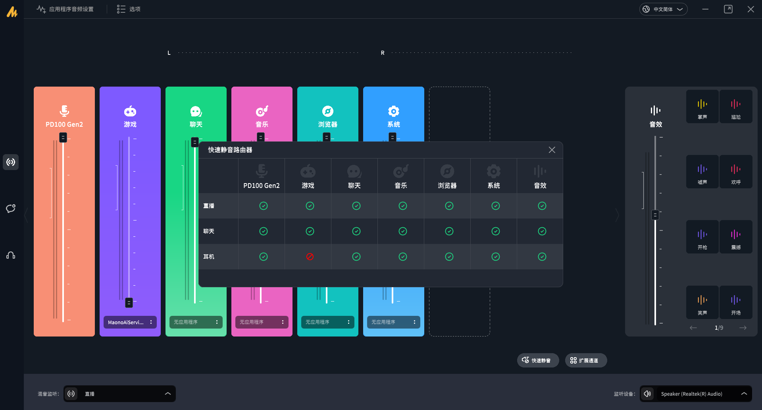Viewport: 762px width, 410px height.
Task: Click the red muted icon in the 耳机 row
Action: tap(310, 257)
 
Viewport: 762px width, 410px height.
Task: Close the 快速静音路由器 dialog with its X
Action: tap(552, 150)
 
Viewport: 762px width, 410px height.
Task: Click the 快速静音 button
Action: tap(538, 360)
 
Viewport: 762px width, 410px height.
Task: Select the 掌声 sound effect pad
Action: tap(702, 106)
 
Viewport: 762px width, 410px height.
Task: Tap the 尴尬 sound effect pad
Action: tap(736, 106)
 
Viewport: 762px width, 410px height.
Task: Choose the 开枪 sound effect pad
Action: tap(702, 237)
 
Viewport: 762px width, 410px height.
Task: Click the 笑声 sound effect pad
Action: tap(702, 302)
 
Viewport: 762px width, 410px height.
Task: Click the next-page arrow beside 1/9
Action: tap(743, 328)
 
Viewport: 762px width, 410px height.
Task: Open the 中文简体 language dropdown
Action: tap(663, 9)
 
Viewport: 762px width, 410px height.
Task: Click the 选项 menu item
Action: tap(129, 9)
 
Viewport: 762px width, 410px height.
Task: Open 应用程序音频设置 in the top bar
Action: tap(65, 9)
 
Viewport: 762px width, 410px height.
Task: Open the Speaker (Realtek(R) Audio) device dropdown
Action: tap(696, 394)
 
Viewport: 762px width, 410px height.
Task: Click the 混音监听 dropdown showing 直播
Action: tap(119, 394)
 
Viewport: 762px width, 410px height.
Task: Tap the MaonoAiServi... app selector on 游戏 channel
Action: tap(130, 322)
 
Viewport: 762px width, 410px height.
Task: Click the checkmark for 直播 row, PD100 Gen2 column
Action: tap(264, 206)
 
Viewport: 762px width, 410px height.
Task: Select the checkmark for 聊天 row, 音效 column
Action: tap(542, 231)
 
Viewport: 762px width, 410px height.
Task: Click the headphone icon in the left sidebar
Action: tap(11, 255)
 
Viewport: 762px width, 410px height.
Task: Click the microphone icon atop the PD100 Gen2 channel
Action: tap(64, 111)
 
